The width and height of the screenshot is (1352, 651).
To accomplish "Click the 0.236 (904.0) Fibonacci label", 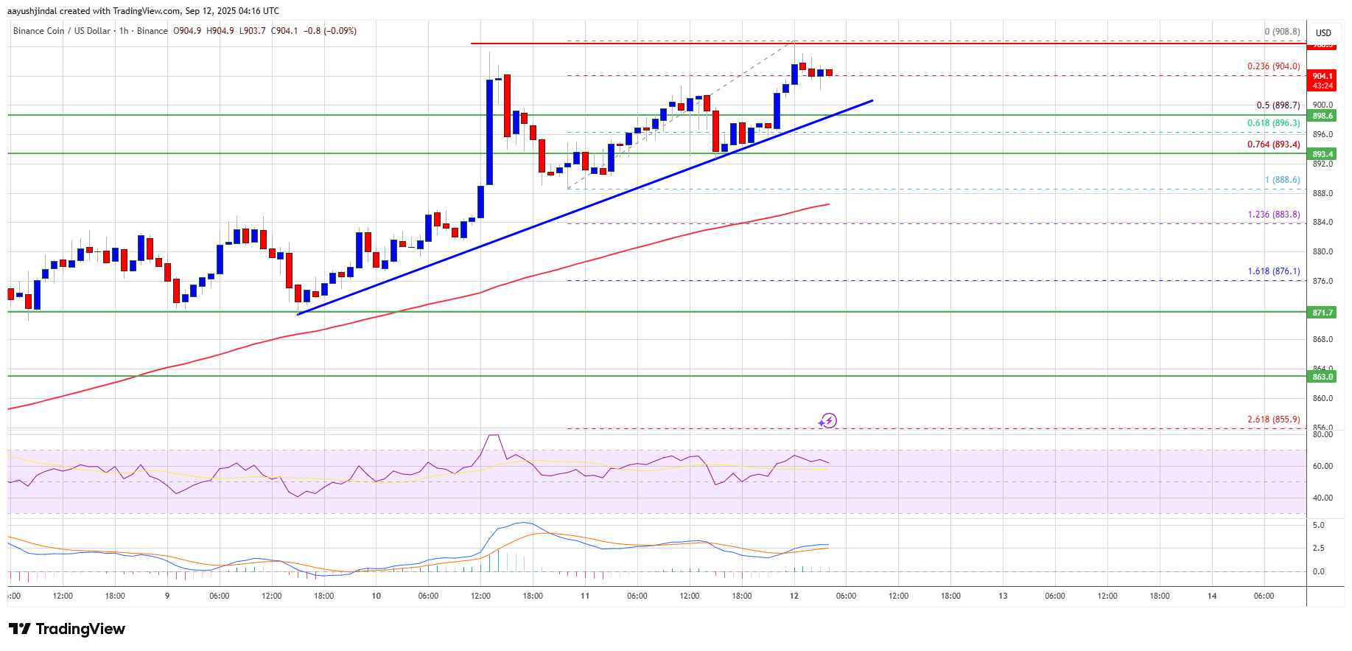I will coord(1273,66).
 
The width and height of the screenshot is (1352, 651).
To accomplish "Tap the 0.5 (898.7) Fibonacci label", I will coord(1278,105).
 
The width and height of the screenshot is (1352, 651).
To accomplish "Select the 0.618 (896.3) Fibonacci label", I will coord(1273,123).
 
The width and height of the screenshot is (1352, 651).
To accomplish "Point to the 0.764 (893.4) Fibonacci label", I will coord(1273,145).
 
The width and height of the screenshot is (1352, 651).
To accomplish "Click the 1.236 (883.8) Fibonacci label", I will coord(1273,215).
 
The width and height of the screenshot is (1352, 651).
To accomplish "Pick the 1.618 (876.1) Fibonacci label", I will coord(1273,271).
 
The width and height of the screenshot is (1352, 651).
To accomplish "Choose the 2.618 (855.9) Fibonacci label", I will coord(1273,420).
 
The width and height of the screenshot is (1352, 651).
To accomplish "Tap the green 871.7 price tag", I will coord(1322,313).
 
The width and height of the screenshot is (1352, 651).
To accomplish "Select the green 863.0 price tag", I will coord(1322,377).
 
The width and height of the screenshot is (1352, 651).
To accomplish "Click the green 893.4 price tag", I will coord(1322,154).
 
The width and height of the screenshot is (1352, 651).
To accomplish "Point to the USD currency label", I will coord(1323,32).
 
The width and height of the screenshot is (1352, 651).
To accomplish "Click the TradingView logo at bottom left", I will coord(67,629).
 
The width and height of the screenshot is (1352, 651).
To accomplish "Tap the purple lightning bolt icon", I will coord(828,421).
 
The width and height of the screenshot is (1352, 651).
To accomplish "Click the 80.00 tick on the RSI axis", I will coord(1323,434).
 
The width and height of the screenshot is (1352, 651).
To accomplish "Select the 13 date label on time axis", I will coord(1003,596).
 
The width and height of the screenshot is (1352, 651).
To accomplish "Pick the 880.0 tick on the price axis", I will coord(1323,251).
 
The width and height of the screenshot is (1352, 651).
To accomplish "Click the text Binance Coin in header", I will coord(38,31).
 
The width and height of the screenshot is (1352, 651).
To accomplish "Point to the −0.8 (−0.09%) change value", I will coord(330,31).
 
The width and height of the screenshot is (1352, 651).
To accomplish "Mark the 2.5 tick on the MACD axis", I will coord(1318,548).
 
